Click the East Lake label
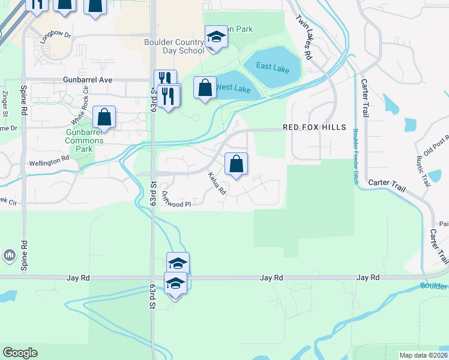[x=273, y=68]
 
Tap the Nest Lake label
[x=234, y=88]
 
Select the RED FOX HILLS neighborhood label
[x=315, y=127]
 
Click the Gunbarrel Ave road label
[x=88, y=80]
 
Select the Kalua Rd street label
[x=217, y=184]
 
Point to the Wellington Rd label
[x=49, y=162]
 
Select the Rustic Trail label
[x=423, y=170]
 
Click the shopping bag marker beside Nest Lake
[x=205, y=88]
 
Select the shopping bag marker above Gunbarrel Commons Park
[x=104, y=118]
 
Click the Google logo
[x=20, y=353]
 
